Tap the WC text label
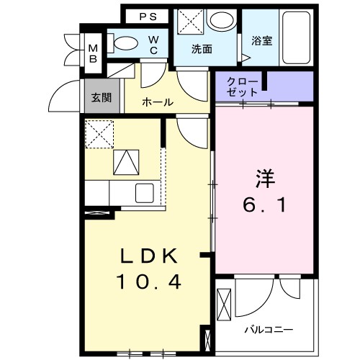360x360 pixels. click(x=154, y=45)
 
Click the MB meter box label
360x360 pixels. click(x=93, y=53)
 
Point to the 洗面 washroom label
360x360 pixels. click(x=201, y=49)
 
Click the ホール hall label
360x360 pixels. click(x=157, y=102)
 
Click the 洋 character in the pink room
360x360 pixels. click(x=263, y=177)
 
